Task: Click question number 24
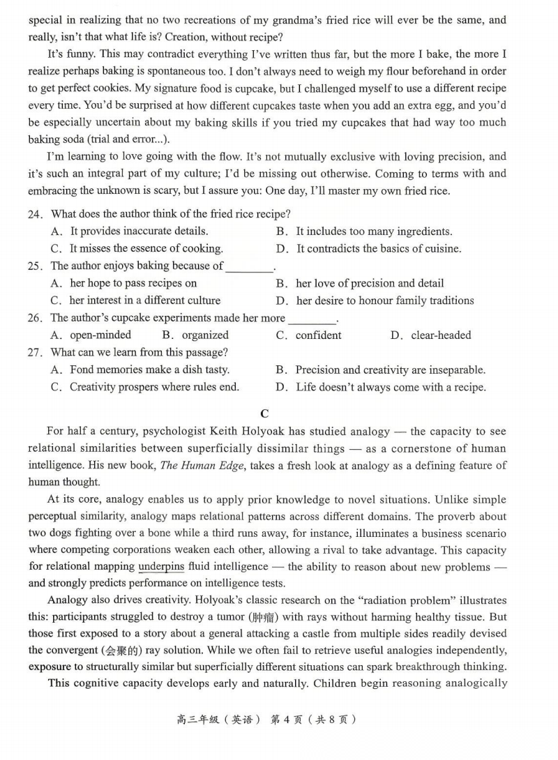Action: pos(36,214)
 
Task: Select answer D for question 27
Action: pos(391,387)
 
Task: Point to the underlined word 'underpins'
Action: pos(161,567)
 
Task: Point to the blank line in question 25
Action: pos(250,266)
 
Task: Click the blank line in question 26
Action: pos(312,319)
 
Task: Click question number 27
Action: pos(36,353)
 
